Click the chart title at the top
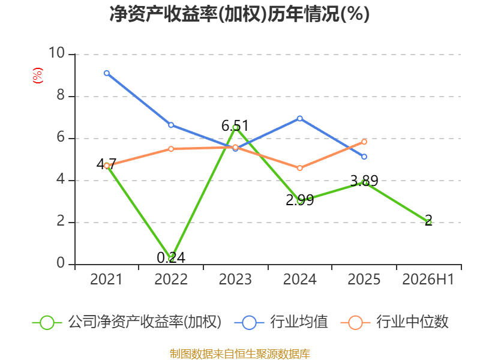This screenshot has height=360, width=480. [239, 14]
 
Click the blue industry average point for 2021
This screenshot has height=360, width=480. [107, 73]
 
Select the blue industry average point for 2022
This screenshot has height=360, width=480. [171, 125]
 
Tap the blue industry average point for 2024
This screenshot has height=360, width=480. [299, 118]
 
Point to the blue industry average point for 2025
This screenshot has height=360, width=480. [364, 157]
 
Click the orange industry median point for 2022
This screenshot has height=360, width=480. [171, 149]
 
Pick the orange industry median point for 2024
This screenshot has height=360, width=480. [299, 168]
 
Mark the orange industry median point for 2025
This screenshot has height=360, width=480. [364, 142]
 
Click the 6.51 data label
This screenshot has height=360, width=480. [235, 126]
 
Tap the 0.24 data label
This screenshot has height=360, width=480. [171, 257]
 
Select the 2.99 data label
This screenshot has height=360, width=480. [299, 200]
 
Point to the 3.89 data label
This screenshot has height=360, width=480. [364, 181]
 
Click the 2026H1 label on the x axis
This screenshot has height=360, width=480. [428, 279]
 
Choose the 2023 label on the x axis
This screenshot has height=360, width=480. [235, 279]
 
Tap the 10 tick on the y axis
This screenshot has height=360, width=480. [56, 53]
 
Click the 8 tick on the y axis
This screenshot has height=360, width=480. [61, 95]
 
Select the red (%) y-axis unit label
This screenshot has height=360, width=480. [38, 76]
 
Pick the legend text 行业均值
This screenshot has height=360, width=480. [299, 322]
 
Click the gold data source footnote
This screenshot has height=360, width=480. [239, 354]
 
